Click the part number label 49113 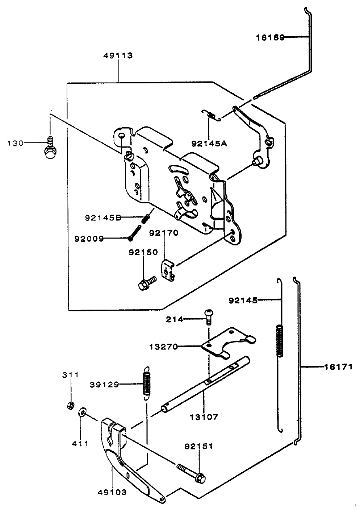(118, 55)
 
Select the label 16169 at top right (271, 37)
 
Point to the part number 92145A (209, 143)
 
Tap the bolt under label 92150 (146, 283)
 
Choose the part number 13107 (204, 417)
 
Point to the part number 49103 (112, 492)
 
